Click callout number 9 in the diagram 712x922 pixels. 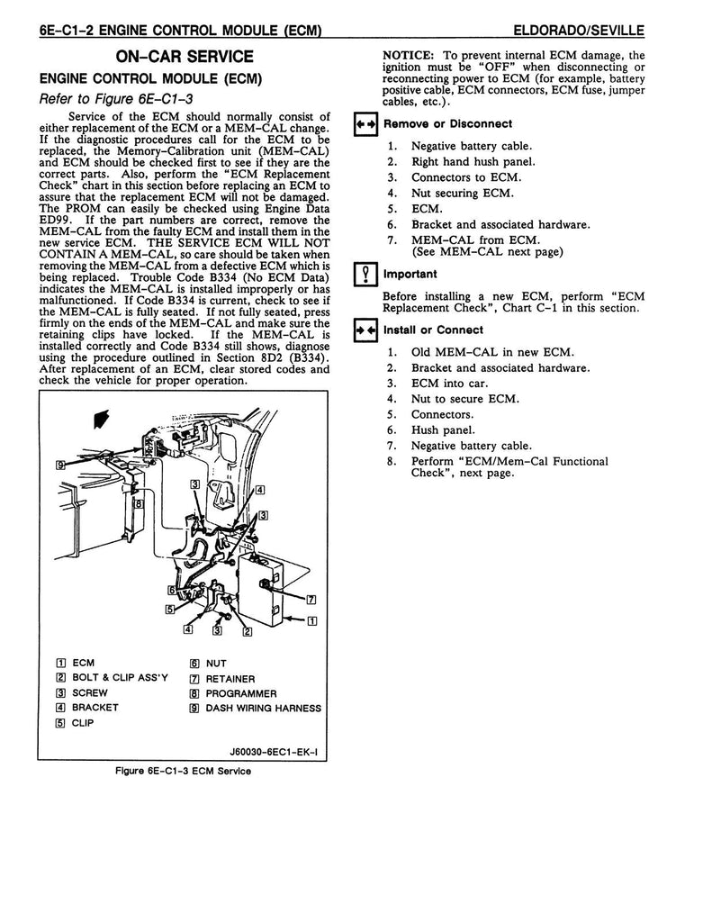point(59,465)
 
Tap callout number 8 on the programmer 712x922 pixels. point(139,505)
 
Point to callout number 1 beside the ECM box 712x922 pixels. point(311,620)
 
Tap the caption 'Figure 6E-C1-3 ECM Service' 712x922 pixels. point(185,771)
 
